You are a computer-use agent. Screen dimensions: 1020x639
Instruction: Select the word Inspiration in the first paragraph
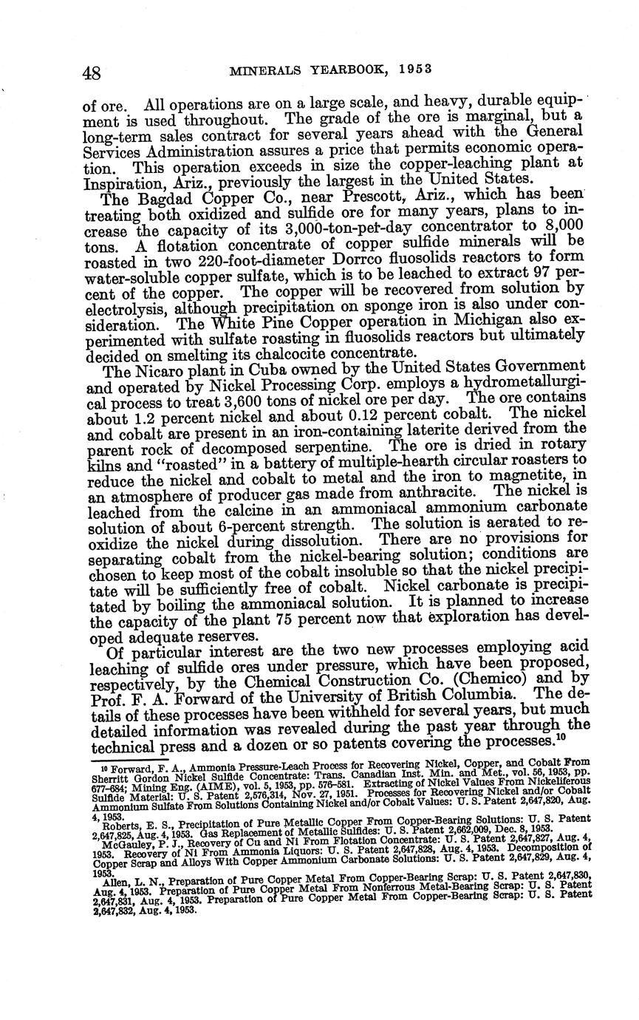coord(120,180)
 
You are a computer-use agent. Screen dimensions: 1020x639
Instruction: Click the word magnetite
coord(530,475)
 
